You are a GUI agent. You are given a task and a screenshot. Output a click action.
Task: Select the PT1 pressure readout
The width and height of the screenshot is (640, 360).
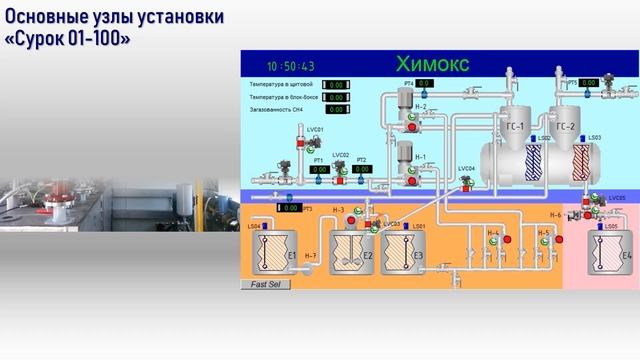coord(319,170)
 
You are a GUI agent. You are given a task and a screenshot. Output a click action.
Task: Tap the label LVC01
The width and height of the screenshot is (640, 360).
coord(287,130)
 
